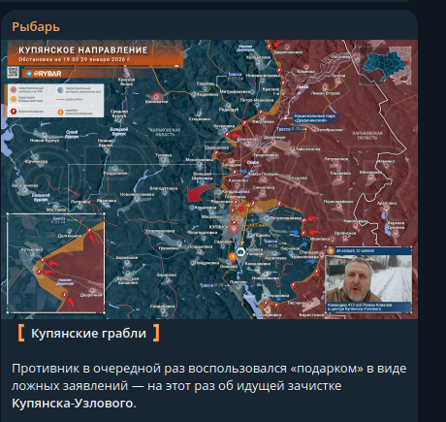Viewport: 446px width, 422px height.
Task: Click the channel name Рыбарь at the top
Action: point(35,26)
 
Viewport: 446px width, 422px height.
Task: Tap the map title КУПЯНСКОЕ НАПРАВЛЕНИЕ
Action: point(81,48)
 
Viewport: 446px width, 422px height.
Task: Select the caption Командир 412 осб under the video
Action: point(365,305)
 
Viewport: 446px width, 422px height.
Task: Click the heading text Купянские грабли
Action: point(88,335)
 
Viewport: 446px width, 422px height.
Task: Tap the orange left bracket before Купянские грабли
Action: point(21,335)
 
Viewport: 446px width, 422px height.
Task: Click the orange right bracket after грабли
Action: point(156,335)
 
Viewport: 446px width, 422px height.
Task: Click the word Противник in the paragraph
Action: point(46,369)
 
